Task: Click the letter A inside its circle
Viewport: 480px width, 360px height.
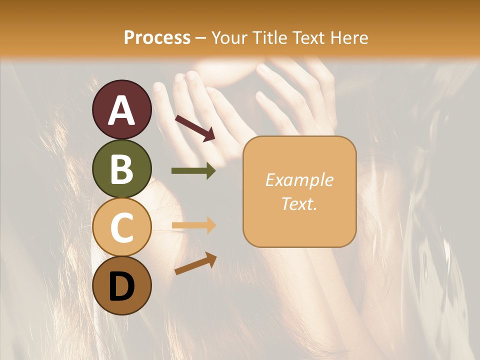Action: (122, 111)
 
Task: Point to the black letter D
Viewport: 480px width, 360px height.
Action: (122, 286)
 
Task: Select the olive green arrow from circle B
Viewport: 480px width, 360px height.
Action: (193, 171)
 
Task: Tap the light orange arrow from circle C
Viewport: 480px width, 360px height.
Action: (193, 225)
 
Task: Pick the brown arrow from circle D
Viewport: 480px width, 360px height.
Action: (195, 263)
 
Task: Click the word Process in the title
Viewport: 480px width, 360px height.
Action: (157, 38)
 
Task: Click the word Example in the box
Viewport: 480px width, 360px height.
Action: (299, 180)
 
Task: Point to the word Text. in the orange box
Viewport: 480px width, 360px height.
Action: (299, 203)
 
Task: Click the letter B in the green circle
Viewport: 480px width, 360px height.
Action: (122, 169)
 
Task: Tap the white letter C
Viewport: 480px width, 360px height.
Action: (122, 228)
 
